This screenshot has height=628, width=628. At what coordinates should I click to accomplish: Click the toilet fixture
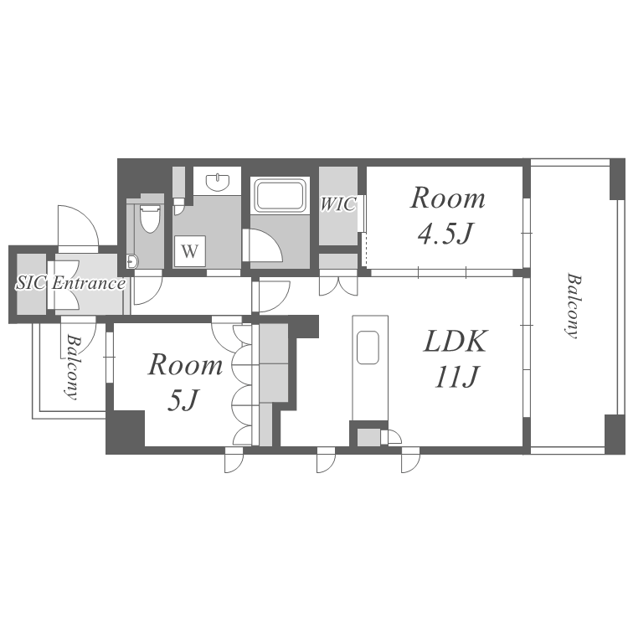[x=150, y=219]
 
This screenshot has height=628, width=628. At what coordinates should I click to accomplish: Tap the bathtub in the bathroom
[x=280, y=195]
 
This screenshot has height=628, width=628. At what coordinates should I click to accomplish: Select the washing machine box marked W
[x=190, y=251]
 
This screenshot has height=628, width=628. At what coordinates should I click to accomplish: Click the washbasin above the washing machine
[x=218, y=182]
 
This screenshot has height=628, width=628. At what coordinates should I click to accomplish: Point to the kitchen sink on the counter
[x=368, y=347]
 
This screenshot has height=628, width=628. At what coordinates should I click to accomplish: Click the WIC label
[x=337, y=204]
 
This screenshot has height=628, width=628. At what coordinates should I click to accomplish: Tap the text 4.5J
[x=445, y=233]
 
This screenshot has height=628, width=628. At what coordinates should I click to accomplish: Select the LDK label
[x=456, y=342]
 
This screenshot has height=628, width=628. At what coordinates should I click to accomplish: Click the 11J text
[x=456, y=377]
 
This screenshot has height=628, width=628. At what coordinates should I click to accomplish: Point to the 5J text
[x=183, y=400]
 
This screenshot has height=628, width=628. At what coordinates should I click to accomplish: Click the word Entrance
[x=88, y=284]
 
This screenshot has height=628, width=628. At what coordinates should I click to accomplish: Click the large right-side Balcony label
[x=574, y=306]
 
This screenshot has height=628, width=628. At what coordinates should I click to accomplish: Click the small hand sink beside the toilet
[x=131, y=261]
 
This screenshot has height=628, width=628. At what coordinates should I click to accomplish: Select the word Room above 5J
[x=185, y=365]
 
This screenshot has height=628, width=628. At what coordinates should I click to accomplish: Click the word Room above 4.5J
[x=447, y=198]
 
